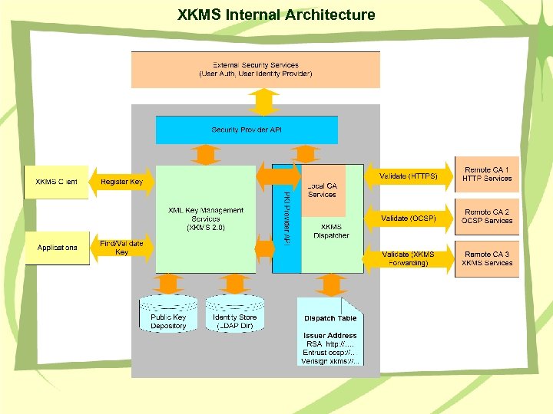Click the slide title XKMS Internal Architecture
276,15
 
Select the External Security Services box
256,70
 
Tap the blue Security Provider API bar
247,130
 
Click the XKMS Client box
57,182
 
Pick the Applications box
57,248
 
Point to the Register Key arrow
121,182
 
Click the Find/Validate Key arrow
121,248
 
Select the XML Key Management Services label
206,219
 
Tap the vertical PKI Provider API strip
286,219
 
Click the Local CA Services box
323,190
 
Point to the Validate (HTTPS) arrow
408,176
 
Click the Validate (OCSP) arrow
408,218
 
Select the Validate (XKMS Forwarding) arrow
408,258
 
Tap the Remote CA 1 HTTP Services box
487,174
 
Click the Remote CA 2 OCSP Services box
487,216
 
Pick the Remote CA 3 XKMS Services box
487,258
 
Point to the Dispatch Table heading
330,318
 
